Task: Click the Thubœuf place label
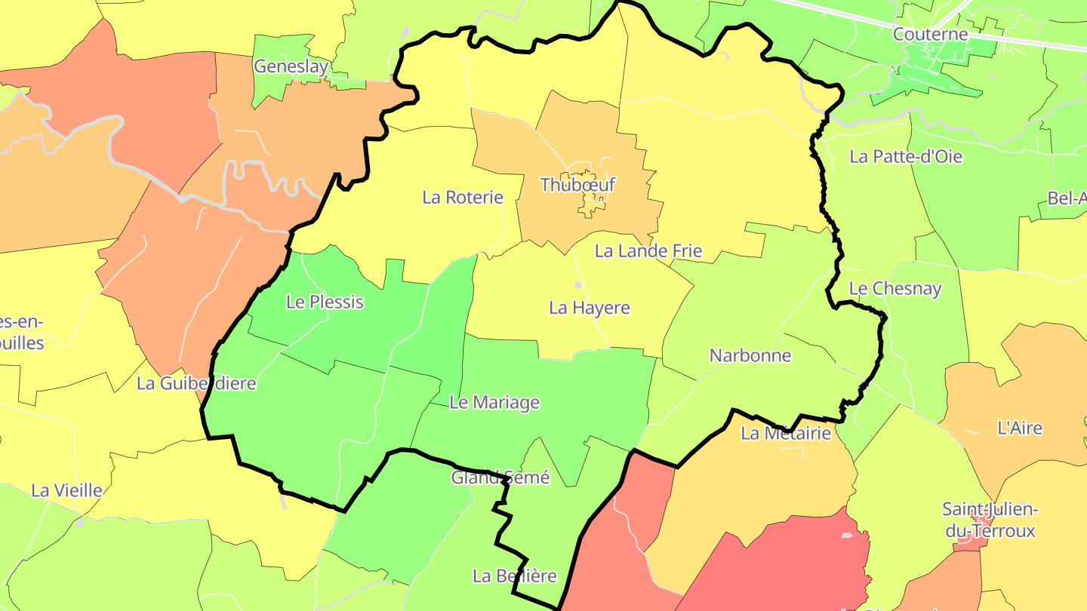tap(578, 185)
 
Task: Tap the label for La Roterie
tap(462, 198)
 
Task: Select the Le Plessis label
tap(325, 302)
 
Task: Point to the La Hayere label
tap(589, 308)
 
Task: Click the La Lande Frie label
tap(648, 251)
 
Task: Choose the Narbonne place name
tap(750, 355)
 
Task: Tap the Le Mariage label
tap(494, 403)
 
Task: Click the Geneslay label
tap(291, 66)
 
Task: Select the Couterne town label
tap(930, 34)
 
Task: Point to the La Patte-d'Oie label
tap(906, 157)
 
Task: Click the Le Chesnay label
tap(895, 289)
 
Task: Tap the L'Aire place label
tap(1020, 428)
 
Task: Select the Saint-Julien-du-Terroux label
tap(990, 520)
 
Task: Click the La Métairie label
tap(785, 433)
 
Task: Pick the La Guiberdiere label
tap(196, 383)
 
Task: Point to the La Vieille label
tap(66, 490)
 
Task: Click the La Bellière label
tap(514, 576)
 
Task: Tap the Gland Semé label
tap(500, 477)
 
